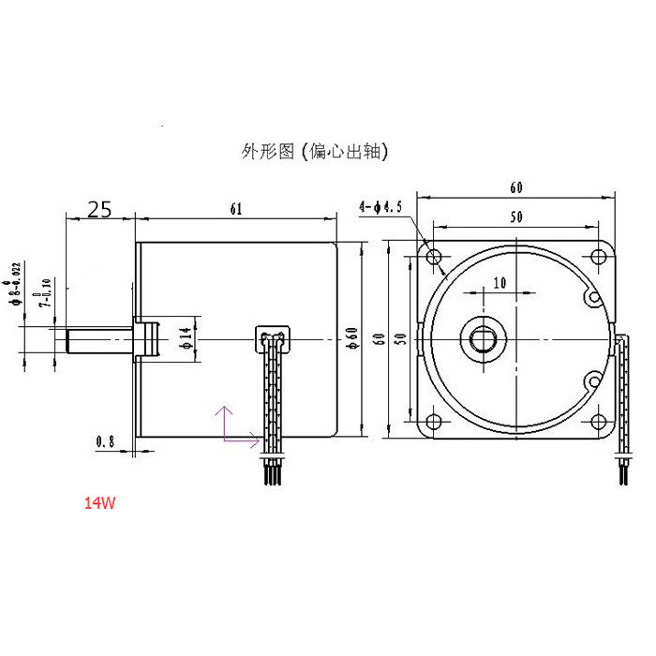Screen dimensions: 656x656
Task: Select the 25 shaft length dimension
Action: (x=100, y=209)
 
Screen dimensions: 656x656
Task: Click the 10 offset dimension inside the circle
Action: (x=498, y=282)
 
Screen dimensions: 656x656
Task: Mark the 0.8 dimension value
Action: (x=106, y=440)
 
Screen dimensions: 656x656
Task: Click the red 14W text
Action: (x=99, y=503)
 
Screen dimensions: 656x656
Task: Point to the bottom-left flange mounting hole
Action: (x=434, y=419)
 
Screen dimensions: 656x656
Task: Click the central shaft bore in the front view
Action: (x=484, y=337)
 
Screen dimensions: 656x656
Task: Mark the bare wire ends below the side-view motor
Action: (x=272, y=472)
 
